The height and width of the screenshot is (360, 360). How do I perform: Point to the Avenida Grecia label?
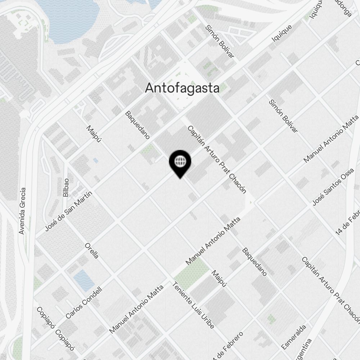point(22,211)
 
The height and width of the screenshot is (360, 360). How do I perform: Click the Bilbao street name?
point(66,188)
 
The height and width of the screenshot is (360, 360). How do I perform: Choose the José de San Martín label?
point(69,211)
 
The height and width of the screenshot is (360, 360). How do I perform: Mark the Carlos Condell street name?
point(84,302)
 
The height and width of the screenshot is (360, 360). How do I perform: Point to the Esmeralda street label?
point(294,337)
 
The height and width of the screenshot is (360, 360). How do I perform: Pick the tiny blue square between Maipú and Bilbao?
point(95,160)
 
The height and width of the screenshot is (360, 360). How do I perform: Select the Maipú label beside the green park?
point(220,279)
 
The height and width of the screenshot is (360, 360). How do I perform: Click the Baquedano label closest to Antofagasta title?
point(137,125)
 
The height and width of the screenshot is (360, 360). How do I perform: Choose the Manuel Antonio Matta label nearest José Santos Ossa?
point(332,138)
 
